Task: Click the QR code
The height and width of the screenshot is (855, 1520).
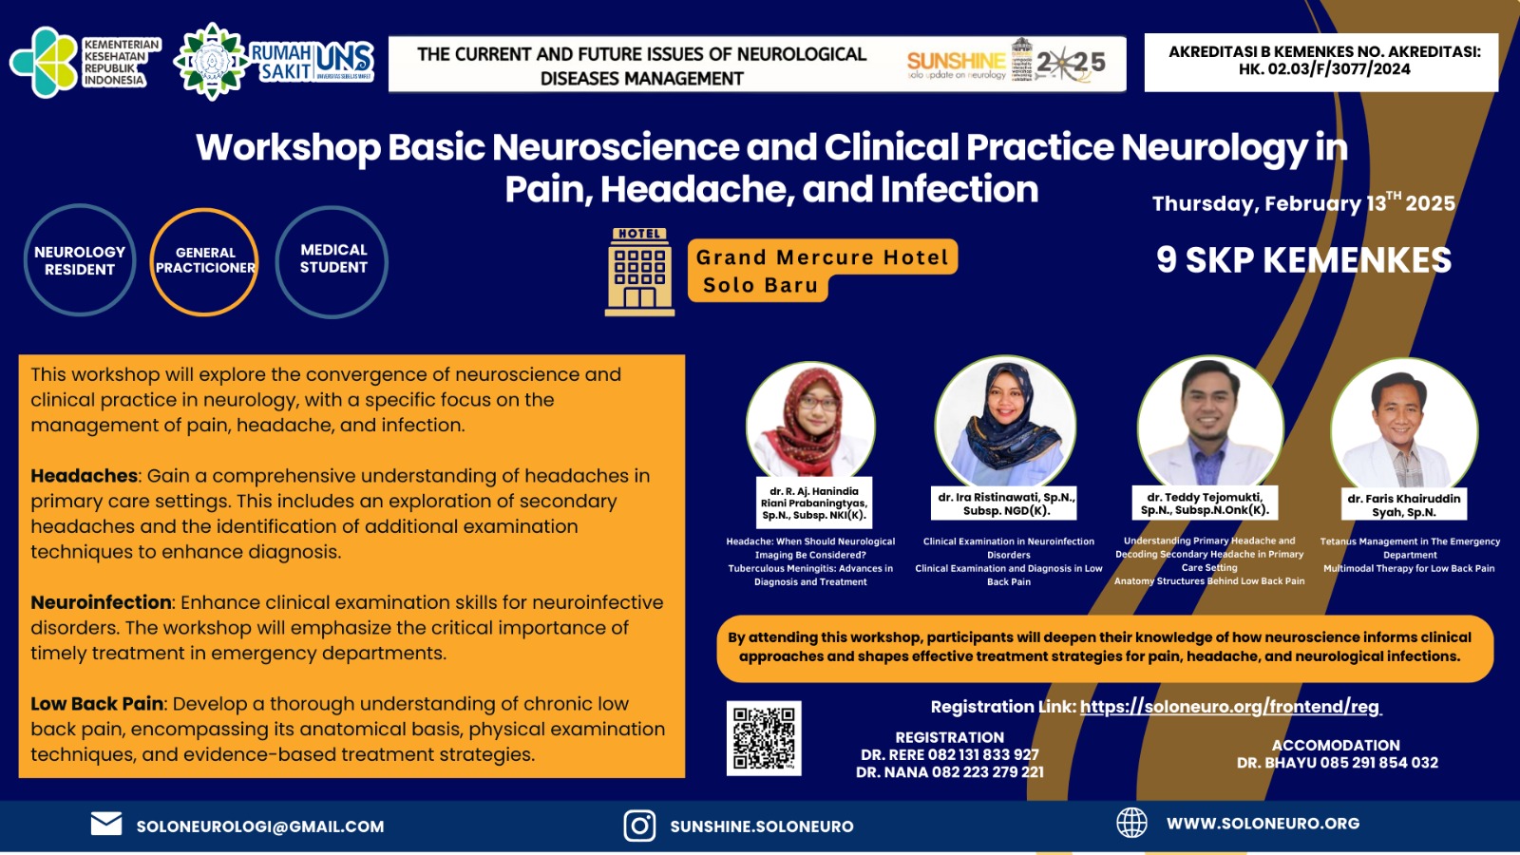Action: [x=764, y=738]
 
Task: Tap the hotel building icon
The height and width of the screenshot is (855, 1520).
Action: [x=639, y=272]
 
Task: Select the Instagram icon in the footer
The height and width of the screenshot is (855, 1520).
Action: [x=639, y=826]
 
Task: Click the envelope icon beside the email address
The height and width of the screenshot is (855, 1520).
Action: [x=106, y=824]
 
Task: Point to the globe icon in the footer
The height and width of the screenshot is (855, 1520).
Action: [x=1131, y=823]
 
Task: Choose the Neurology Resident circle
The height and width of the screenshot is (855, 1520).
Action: [x=80, y=260]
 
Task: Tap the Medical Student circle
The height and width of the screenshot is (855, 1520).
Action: [x=332, y=259]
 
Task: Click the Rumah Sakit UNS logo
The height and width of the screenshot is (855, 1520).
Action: [x=275, y=62]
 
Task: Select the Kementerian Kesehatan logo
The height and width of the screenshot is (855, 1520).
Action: [x=85, y=63]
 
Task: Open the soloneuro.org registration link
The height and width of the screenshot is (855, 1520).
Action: [x=1230, y=707]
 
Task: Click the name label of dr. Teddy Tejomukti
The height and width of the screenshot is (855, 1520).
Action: [x=1205, y=503]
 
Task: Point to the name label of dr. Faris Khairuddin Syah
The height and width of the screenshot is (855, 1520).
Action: [x=1403, y=504]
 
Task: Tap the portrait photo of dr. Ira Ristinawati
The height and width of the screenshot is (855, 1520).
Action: [x=1005, y=423]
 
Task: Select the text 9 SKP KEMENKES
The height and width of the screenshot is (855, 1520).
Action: [x=1303, y=260]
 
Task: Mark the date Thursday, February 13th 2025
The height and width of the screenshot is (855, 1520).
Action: [x=1303, y=203]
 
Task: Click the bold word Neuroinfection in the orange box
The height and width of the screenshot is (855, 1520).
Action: [x=101, y=602]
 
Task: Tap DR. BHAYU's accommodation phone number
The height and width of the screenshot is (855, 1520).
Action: [x=1379, y=763]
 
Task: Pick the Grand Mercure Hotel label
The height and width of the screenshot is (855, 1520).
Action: [x=822, y=257]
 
